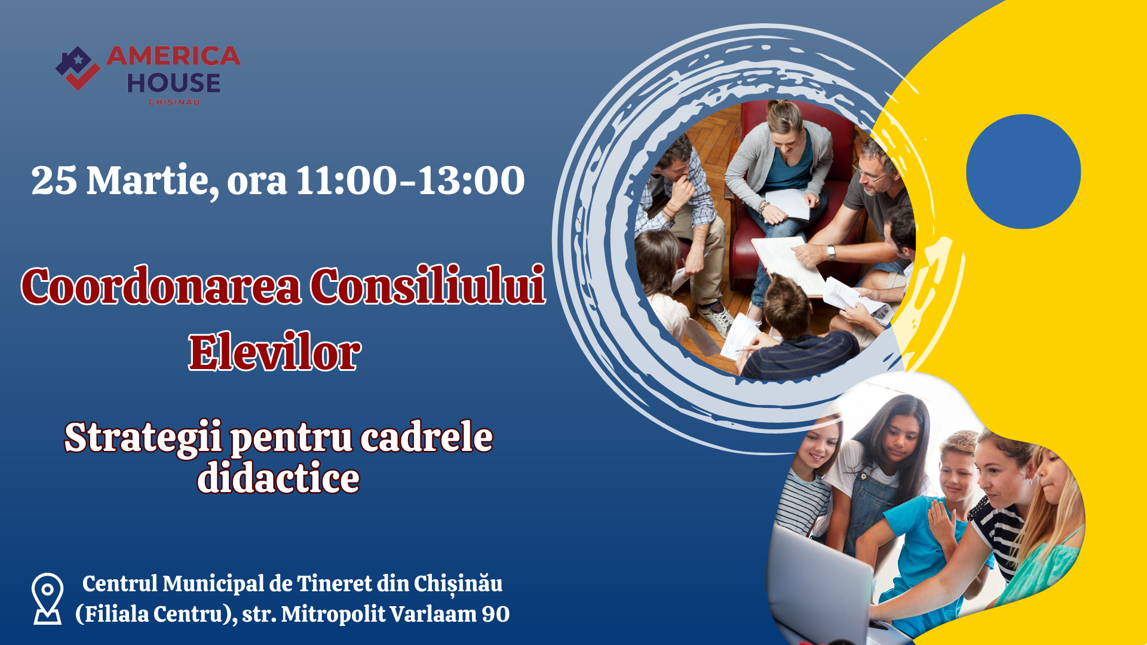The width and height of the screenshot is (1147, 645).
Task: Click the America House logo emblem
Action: coord(78,68)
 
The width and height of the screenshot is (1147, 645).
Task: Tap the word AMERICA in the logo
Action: coord(173,56)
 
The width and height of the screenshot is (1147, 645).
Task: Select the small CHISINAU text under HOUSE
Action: coord(174,102)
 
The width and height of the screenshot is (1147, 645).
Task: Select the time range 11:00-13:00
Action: coord(410,180)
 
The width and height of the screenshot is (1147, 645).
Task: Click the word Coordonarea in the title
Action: coord(161,285)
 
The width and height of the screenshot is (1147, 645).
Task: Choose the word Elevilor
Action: coord(275,352)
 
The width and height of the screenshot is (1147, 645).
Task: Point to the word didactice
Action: coord(278,478)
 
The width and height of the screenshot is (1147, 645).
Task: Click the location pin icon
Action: coord(47,598)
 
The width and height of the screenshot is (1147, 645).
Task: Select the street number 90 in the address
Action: coord(495,614)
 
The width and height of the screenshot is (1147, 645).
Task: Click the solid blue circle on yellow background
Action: coord(1023,171)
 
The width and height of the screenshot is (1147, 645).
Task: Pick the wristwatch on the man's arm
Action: coord(831,252)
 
